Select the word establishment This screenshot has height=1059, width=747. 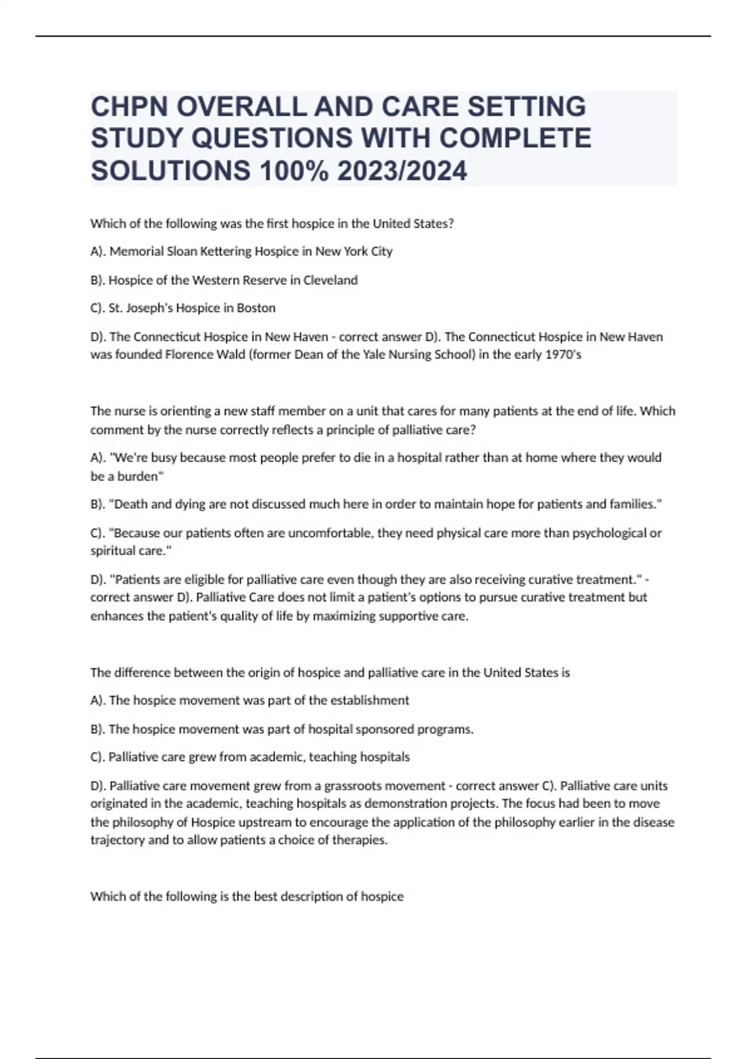pos(370,701)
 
